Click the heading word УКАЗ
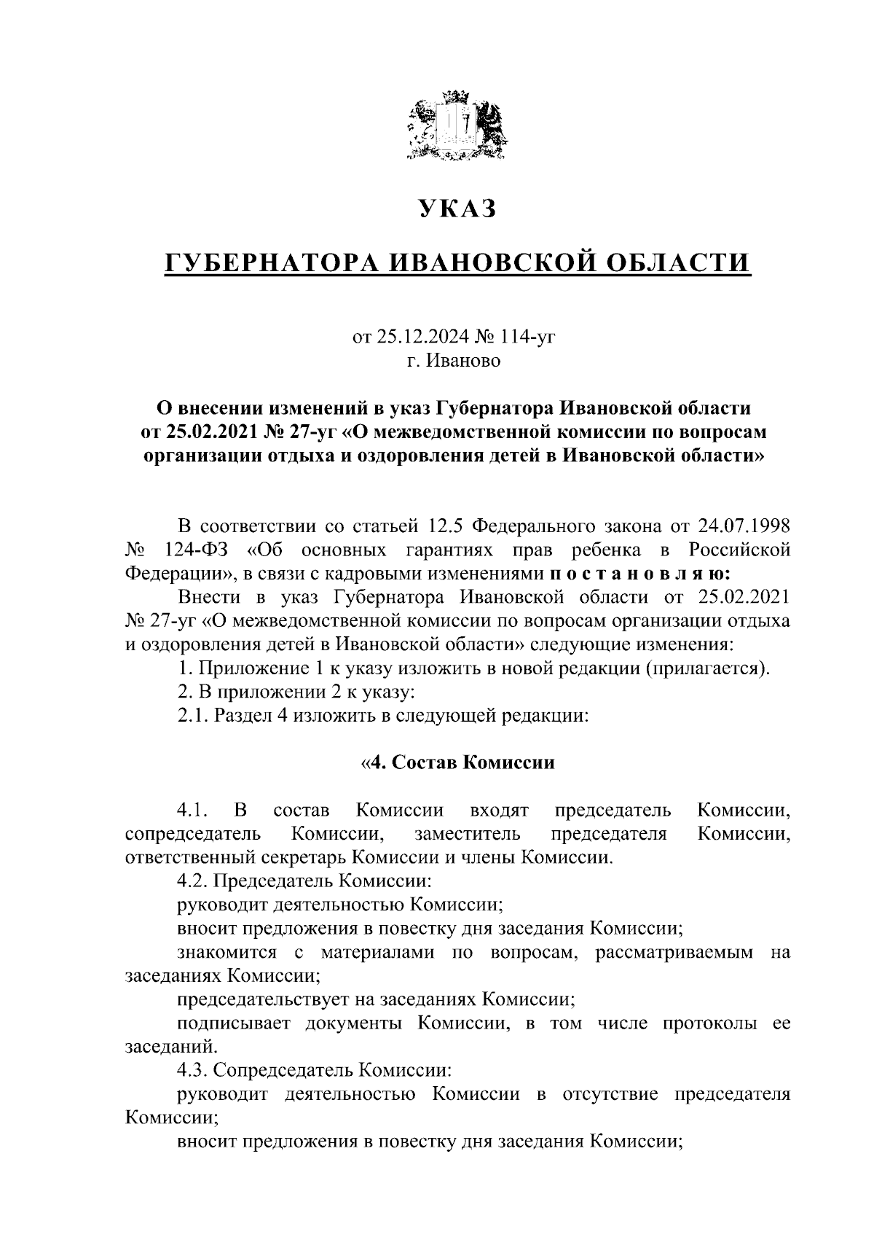tap(457, 209)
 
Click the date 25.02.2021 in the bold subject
tap(206, 432)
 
